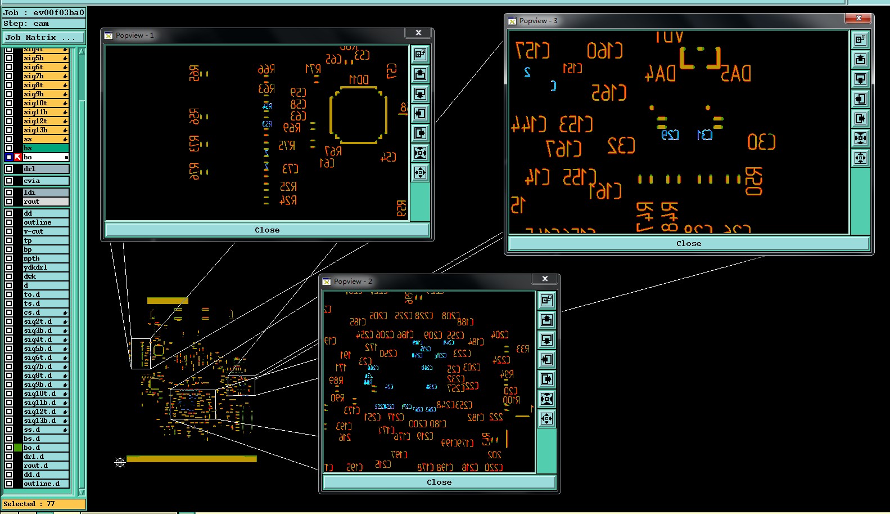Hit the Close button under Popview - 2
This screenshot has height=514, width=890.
pos(439,482)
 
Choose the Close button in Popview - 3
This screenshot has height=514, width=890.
pos(688,244)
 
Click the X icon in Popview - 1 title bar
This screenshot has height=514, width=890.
pos(418,33)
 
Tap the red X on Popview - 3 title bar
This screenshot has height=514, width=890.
pos(859,19)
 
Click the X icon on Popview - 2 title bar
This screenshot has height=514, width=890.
pos(545,279)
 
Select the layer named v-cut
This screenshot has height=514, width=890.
pos(45,231)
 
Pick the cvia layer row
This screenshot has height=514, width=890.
pos(45,181)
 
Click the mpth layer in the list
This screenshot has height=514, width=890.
pos(45,258)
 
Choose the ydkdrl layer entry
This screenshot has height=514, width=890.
pos(45,267)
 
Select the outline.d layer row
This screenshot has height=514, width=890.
pos(45,484)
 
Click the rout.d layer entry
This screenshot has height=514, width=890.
pos(45,466)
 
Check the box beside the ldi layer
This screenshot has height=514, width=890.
pos(9,193)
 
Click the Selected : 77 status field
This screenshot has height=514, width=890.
pos(43,504)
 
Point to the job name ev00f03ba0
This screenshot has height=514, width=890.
pos(58,12)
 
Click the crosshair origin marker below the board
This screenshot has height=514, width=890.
pos(120,462)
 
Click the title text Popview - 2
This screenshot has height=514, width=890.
pos(353,281)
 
